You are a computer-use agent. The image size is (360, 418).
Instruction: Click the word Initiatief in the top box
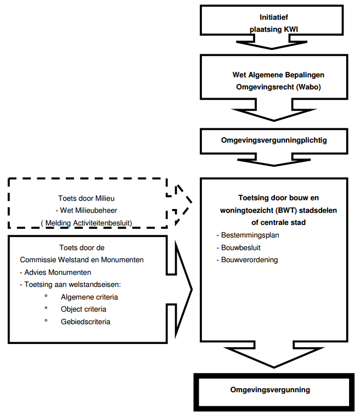coord(274,18)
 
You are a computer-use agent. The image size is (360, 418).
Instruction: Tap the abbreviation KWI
coord(291,29)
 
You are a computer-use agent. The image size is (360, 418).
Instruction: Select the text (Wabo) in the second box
coord(309,87)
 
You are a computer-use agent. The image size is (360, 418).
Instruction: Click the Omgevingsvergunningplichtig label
coord(274,140)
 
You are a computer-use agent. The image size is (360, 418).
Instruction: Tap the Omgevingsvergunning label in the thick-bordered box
coord(270,389)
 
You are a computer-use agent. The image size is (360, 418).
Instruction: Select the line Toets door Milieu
coord(86,199)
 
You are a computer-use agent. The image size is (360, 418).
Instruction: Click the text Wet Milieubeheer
coord(88,210)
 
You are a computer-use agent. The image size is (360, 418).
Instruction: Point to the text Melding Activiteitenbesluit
coord(88,223)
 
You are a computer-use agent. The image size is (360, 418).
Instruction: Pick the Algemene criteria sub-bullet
coord(89,297)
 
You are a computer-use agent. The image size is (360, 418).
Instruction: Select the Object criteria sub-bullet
coord(83,309)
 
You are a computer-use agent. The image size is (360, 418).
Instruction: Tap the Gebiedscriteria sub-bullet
coord(86,322)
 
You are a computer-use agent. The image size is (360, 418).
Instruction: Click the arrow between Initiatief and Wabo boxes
coord(272,43)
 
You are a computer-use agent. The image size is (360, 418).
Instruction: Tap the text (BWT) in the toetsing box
coord(286,211)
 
